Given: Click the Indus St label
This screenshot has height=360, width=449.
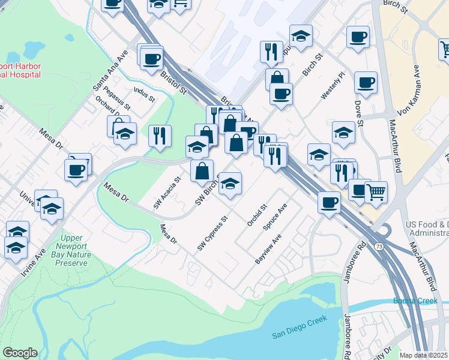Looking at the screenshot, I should [145, 94].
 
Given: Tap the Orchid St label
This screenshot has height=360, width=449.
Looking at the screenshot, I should [256, 215].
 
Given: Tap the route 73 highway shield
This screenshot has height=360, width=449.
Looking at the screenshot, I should [379, 247].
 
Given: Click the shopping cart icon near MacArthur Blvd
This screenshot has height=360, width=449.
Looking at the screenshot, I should [376, 192].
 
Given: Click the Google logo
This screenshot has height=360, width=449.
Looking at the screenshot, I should [20, 353].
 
